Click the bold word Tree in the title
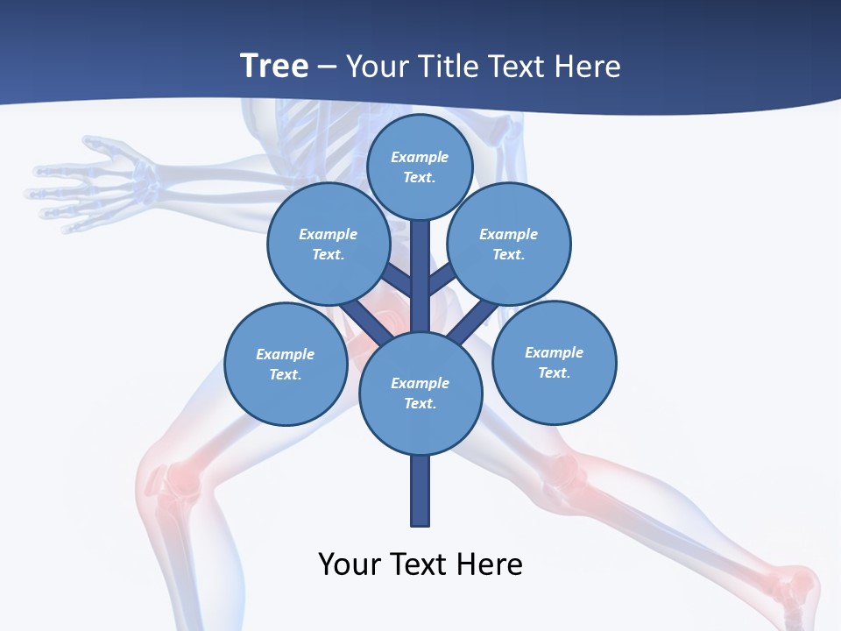coord(274,66)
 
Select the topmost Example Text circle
coord(420,167)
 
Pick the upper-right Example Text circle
coord(509,244)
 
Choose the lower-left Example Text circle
coord(286,364)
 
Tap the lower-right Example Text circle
coord(555,362)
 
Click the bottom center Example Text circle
coord(420,393)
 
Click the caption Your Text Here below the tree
coord(420,564)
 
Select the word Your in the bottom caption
coord(349,564)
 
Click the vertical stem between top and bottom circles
coord(420,276)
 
